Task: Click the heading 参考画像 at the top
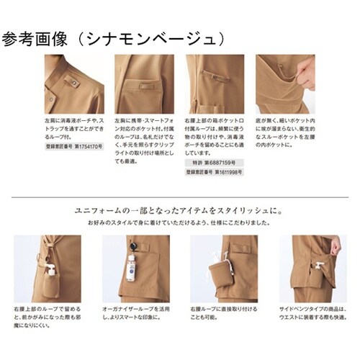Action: [x=33, y=38]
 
